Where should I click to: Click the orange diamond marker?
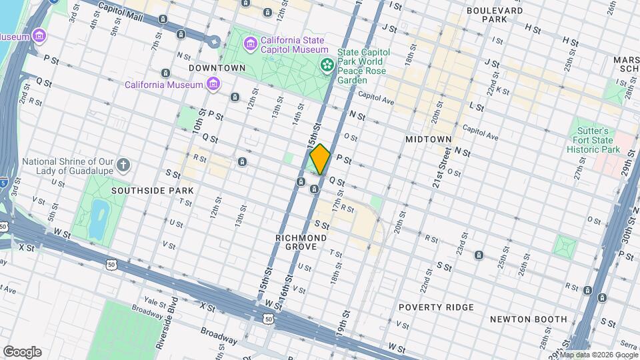(x=320, y=159)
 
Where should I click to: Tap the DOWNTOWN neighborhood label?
(x=217, y=68)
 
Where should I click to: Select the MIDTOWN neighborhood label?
(x=429, y=139)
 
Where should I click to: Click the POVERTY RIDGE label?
(x=436, y=307)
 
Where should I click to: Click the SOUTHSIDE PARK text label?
(x=153, y=190)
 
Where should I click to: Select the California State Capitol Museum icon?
(x=251, y=44)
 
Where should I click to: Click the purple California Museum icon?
(x=213, y=84)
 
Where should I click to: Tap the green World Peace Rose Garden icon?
(x=327, y=65)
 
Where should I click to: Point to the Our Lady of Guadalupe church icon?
(x=123, y=164)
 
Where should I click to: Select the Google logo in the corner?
(x=22, y=352)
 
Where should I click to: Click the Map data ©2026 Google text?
(x=599, y=355)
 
